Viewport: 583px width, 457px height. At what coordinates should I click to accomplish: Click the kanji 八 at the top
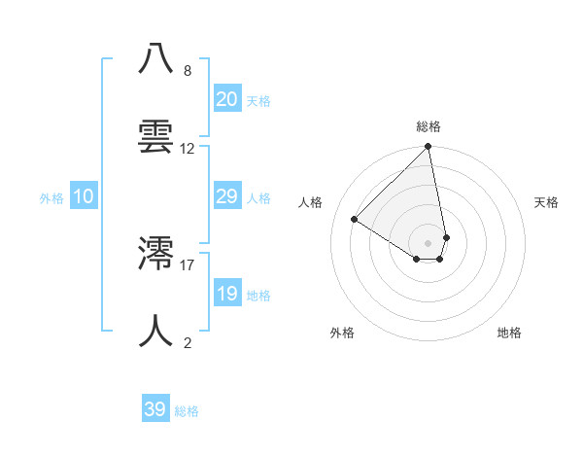pyautogui.click(x=156, y=59)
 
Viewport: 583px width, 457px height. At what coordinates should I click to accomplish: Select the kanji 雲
pyautogui.click(x=156, y=137)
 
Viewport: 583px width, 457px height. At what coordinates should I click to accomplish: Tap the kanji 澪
pyautogui.click(x=156, y=254)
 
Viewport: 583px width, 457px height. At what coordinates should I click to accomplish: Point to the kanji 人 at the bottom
pyautogui.click(x=156, y=331)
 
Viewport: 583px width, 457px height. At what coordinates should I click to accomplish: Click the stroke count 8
pyautogui.click(x=188, y=71)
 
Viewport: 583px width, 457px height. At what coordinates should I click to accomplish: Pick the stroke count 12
pyautogui.click(x=188, y=149)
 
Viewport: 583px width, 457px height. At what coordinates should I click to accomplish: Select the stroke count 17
pyautogui.click(x=188, y=264)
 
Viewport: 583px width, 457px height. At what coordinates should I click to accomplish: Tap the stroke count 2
pyautogui.click(x=188, y=342)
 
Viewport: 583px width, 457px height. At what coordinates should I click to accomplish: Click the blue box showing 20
pyautogui.click(x=227, y=99)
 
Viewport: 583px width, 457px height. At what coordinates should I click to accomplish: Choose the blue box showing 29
pyautogui.click(x=227, y=196)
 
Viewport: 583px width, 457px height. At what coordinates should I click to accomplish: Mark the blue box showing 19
pyautogui.click(x=227, y=294)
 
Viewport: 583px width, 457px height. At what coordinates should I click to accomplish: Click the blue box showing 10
pyautogui.click(x=84, y=196)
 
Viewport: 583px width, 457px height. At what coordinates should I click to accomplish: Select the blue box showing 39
pyautogui.click(x=155, y=409)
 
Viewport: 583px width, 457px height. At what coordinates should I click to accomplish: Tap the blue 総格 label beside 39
pyautogui.click(x=187, y=411)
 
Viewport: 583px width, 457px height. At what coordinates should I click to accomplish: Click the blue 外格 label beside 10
pyautogui.click(x=51, y=198)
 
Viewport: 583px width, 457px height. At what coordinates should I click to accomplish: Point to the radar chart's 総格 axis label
pyautogui.click(x=429, y=127)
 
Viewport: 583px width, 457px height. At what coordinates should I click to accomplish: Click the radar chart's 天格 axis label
pyautogui.click(x=546, y=202)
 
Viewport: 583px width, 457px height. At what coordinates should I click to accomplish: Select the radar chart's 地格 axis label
pyautogui.click(x=509, y=334)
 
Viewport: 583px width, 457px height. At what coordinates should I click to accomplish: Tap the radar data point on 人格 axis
pyautogui.click(x=355, y=220)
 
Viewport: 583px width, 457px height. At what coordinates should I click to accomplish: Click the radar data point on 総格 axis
pyautogui.click(x=429, y=148)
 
